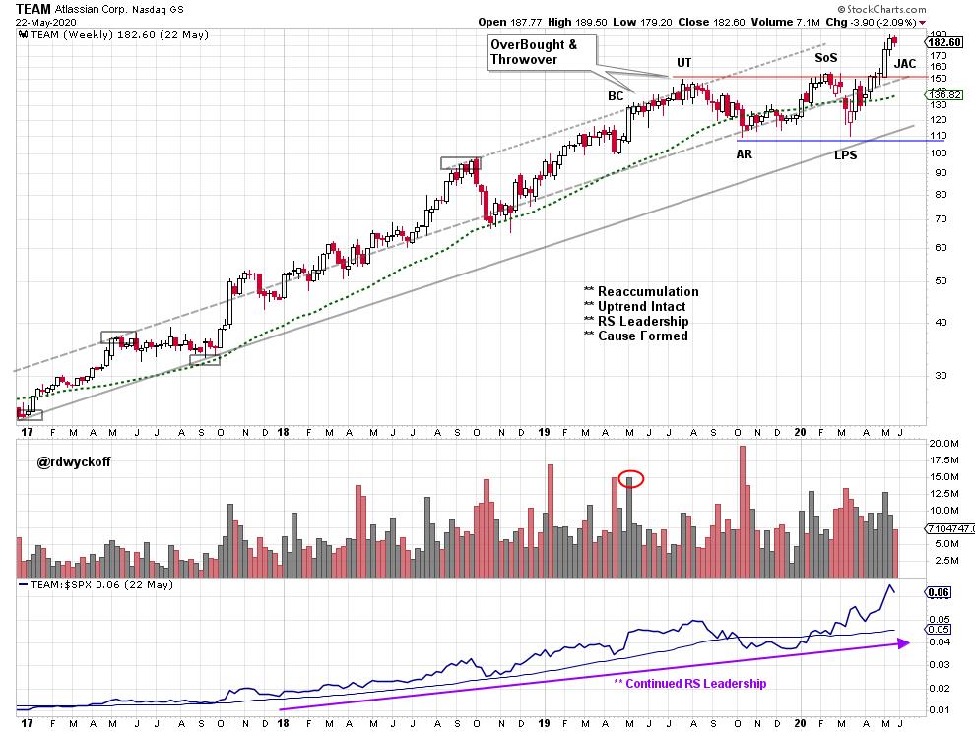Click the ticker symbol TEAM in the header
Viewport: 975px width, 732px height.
pyautogui.click(x=33, y=9)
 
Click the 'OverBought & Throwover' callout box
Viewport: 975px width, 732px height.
pyautogui.click(x=539, y=53)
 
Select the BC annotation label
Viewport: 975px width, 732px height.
pyautogui.click(x=616, y=95)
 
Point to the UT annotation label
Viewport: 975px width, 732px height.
pyautogui.click(x=683, y=64)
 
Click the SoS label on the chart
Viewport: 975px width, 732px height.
pyautogui.click(x=826, y=59)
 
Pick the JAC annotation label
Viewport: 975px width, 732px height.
pyautogui.click(x=904, y=64)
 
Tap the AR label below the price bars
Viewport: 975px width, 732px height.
pyautogui.click(x=746, y=153)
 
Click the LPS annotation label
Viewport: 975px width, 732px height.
pyautogui.click(x=845, y=154)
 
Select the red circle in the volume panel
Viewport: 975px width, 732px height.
pyautogui.click(x=632, y=479)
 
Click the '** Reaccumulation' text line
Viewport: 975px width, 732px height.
pyautogui.click(x=641, y=291)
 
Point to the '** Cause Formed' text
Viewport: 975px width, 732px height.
pyautogui.click(x=635, y=335)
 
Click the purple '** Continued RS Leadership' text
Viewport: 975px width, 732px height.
pyautogui.click(x=689, y=683)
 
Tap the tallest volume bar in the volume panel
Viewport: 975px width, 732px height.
pyautogui.click(x=742, y=512)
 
